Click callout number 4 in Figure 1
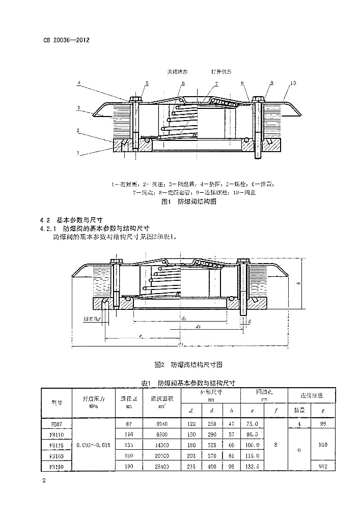79,82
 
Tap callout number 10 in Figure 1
293,82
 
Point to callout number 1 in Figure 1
77,152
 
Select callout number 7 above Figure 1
216,83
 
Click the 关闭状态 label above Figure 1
178,72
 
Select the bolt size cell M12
322,466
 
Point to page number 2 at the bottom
44,480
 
